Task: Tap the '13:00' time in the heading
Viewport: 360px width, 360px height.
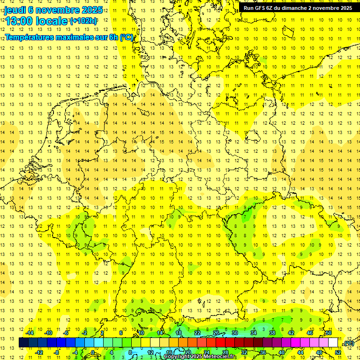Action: click(20, 21)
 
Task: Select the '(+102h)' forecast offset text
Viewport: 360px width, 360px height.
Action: click(83, 21)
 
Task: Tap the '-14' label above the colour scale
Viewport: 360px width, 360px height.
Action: click(29, 333)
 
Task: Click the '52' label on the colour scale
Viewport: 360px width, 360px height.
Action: click(338, 352)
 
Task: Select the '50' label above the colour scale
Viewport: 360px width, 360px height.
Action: click(329, 333)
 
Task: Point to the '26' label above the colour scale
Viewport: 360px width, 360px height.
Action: click(216, 333)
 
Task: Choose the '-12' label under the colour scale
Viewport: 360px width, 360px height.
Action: click(38, 352)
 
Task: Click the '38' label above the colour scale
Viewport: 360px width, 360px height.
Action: click(272, 333)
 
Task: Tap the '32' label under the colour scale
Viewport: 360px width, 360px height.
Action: click(244, 352)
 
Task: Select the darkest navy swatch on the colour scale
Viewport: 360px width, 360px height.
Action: click(23, 343)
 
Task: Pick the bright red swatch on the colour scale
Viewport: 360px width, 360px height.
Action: click(221, 343)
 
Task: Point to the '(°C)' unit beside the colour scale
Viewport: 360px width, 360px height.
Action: click(349, 343)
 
